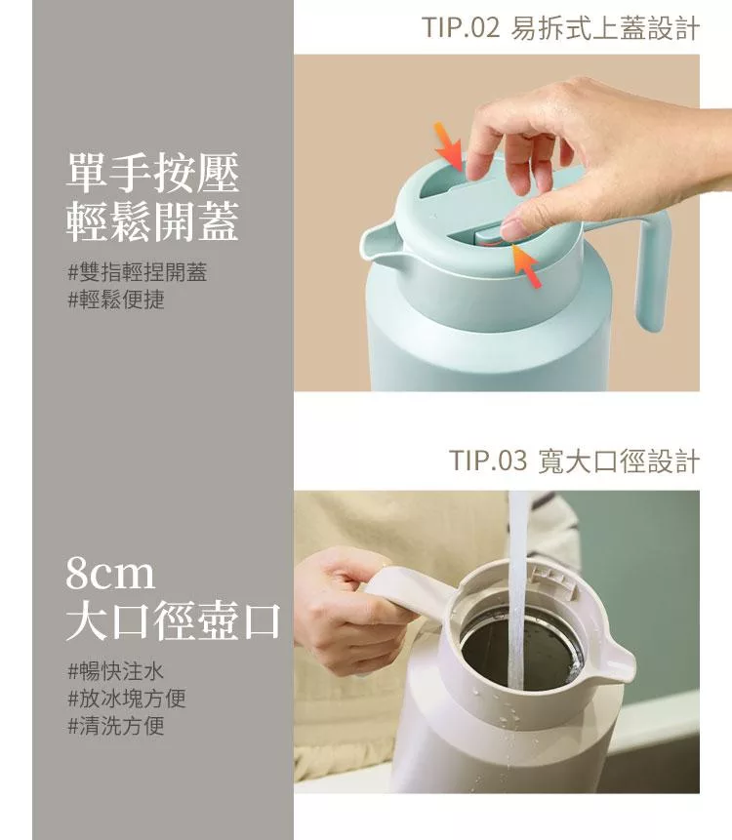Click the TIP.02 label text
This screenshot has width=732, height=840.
pyautogui.click(x=461, y=27)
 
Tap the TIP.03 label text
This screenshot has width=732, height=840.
pyautogui.click(x=488, y=460)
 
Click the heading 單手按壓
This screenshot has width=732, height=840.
pyautogui.click(x=152, y=172)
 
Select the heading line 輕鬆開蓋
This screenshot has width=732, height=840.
pyautogui.click(x=152, y=221)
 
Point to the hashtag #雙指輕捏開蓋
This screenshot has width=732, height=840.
pyautogui.click(x=138, y=272)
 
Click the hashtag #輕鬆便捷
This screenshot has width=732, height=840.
pyautogui.click(x=116, y=300)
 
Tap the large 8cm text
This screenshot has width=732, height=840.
pyautogui.click(x=110, y=574)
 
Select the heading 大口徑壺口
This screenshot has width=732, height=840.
pyautogui.click(x=174, y=621)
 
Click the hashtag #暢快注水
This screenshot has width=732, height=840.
pyautogui.click(x=116, y=670)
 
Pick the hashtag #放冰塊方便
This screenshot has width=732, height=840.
pyautogui.click(x=127, y=698)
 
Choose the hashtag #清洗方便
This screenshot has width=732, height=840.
pyautogui.click(x=116, y=725)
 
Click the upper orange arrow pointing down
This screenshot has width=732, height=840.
pyautogui.click(x=449, y=146)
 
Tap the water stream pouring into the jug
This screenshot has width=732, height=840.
pyautogui.click(x=516, y=589)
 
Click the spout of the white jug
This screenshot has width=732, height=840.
pyautogui.click(x=616, y=664)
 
